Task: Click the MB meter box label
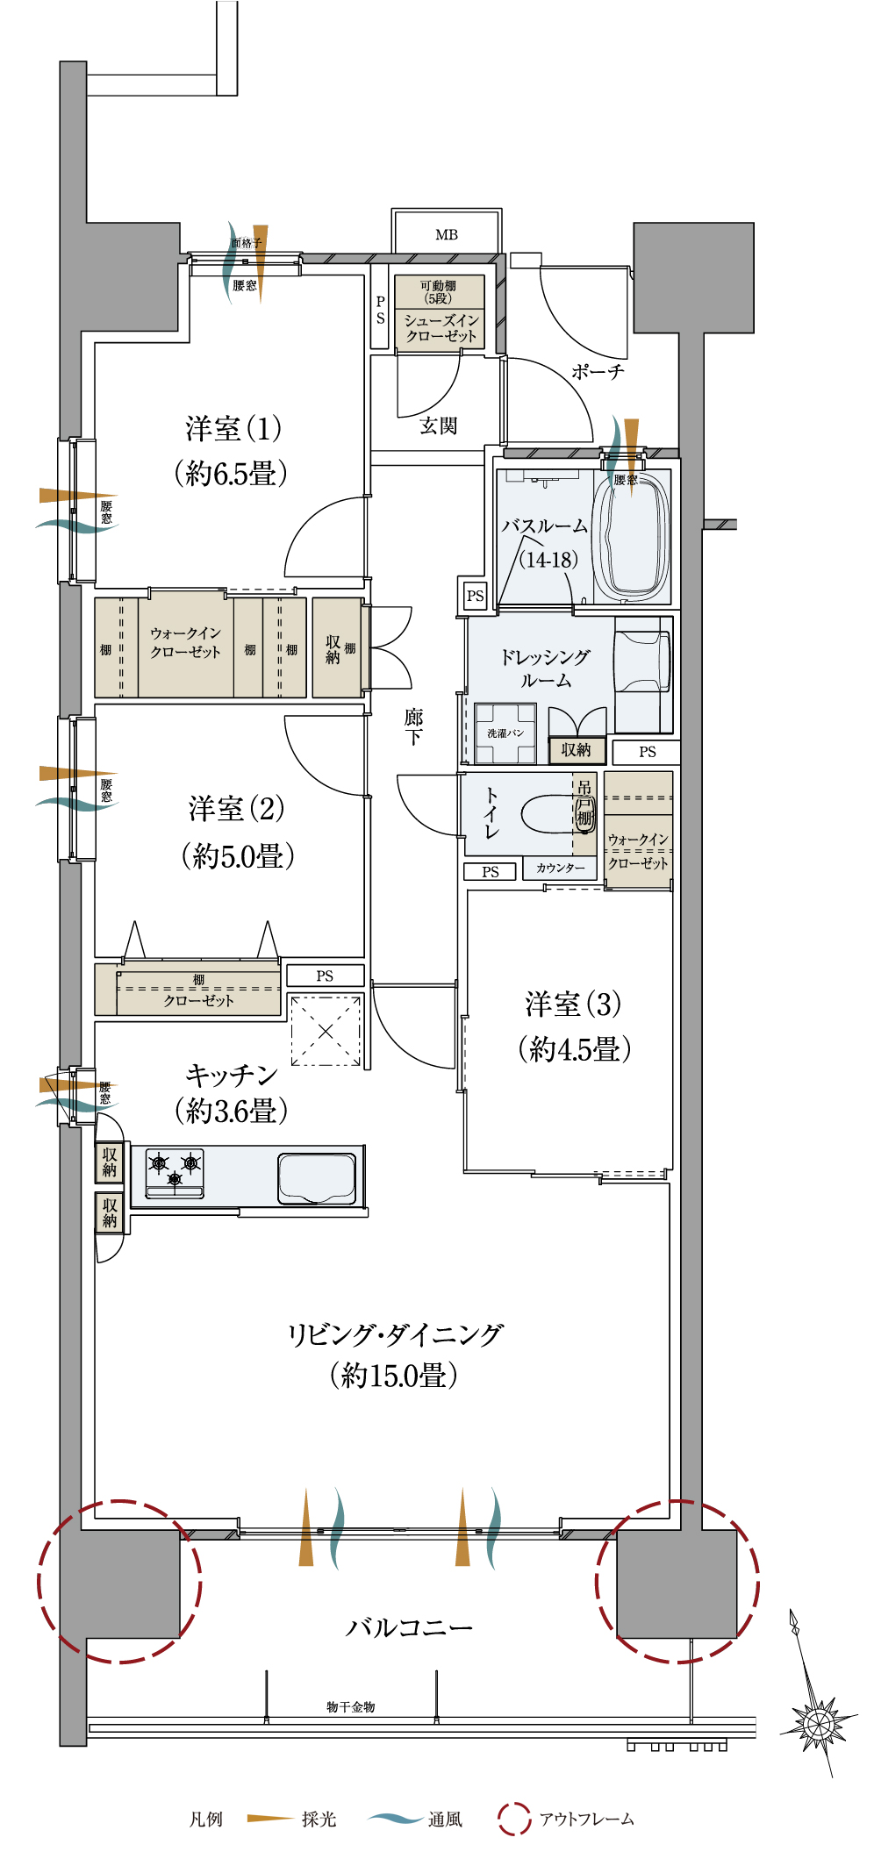(447, 235)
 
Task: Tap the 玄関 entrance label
(438, 425)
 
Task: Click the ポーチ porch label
(598, 371)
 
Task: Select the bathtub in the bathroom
(631, 538)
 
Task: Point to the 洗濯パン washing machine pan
(505, 733)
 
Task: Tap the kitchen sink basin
(317, 1178)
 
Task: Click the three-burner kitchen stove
(175, 1173)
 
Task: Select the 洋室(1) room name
(233, 429)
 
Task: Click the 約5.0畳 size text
(237, 855)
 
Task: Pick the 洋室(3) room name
(573, 1004)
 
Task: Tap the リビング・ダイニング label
(395, 1334)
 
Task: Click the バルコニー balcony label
(409, 1627)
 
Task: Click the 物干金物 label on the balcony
(350, 1706)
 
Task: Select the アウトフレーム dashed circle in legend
(514, 1819)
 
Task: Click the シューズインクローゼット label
(441, 328)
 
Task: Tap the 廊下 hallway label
(413, 726)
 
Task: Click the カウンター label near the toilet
(561, 868)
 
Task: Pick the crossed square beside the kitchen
(326, 1031)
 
